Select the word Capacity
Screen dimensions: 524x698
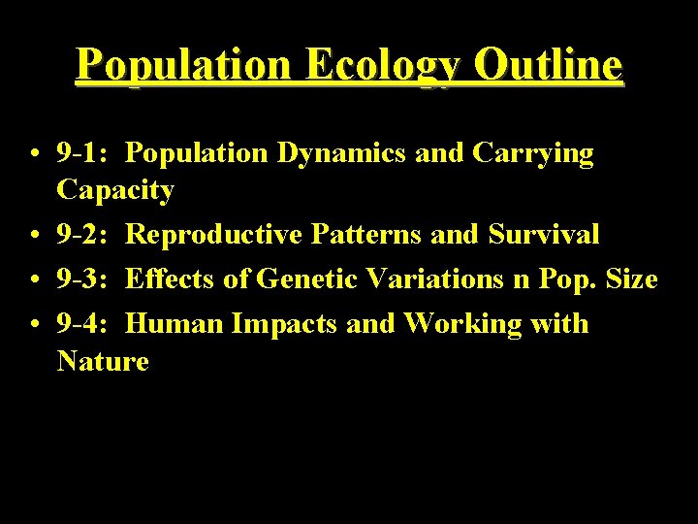[x=115, y=189]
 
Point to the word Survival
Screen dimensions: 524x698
[x=544, y=234]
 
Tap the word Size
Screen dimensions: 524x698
[x=630, y=279]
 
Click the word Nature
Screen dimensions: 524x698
[x=103, y=362]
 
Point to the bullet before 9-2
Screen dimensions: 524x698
[x=34, y=236]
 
